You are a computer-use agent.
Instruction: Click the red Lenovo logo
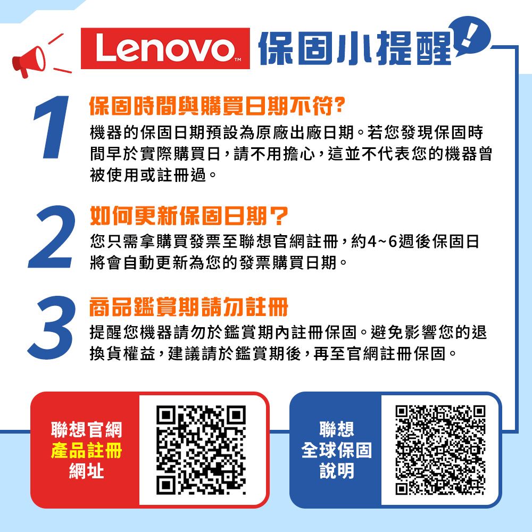coord(165,49)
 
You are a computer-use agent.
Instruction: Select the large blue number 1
coord(52,128)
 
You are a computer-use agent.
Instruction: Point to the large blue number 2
coord(51,237)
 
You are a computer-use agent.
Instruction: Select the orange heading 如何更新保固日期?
coord(188,215)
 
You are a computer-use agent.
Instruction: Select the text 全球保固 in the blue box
coord(336,451)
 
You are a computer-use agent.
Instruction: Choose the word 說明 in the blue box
coord(336,471)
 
